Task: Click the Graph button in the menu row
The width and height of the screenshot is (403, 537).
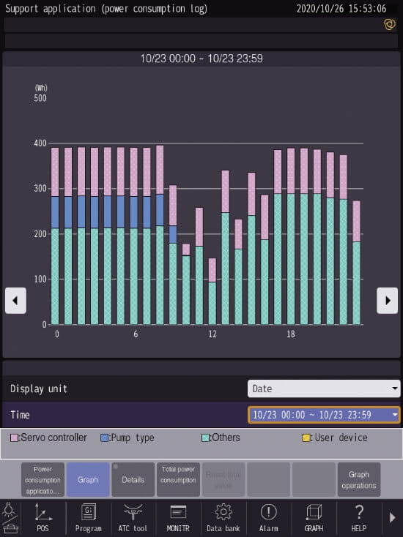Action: tap(88, 480)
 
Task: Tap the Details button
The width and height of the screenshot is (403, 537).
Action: tap(133, 480)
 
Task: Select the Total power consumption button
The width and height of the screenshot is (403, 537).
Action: tap(178, 480)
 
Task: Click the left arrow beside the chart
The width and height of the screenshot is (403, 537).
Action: tap(15, 300)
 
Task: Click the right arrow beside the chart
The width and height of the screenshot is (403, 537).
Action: tap(387, 300)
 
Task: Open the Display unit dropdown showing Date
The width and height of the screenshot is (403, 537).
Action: tap(324, 388)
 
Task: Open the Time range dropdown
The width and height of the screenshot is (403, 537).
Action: tap(324, 415)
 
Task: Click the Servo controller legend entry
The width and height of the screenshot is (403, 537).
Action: tap(48, 438)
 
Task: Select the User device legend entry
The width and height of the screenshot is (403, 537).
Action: tap(335, 438)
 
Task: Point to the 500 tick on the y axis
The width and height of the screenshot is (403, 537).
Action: tap(40, 97)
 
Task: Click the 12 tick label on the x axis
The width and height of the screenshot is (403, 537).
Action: tap(212, 334)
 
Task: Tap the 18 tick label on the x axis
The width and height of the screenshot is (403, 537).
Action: tap(291, 334)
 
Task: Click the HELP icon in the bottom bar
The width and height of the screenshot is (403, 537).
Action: tap(359, 517)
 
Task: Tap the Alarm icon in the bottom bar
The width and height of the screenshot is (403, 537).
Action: tap(269, 517)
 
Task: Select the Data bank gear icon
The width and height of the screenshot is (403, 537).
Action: tap(223, 517)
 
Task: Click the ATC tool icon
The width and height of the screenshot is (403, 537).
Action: tap(133, 517)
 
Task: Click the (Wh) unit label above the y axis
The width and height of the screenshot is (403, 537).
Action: tap(41, 88)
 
